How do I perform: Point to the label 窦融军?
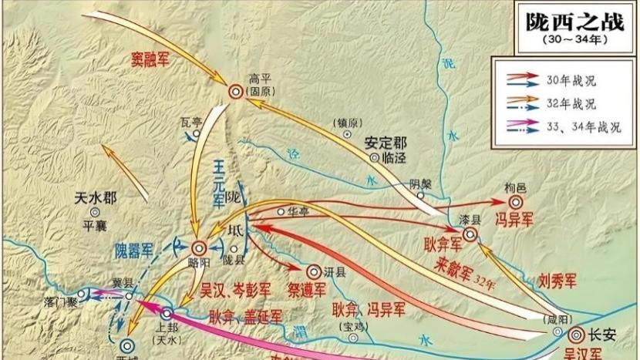[150, 59]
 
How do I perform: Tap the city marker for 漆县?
[470, 234]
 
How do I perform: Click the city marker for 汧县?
[315, 271]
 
